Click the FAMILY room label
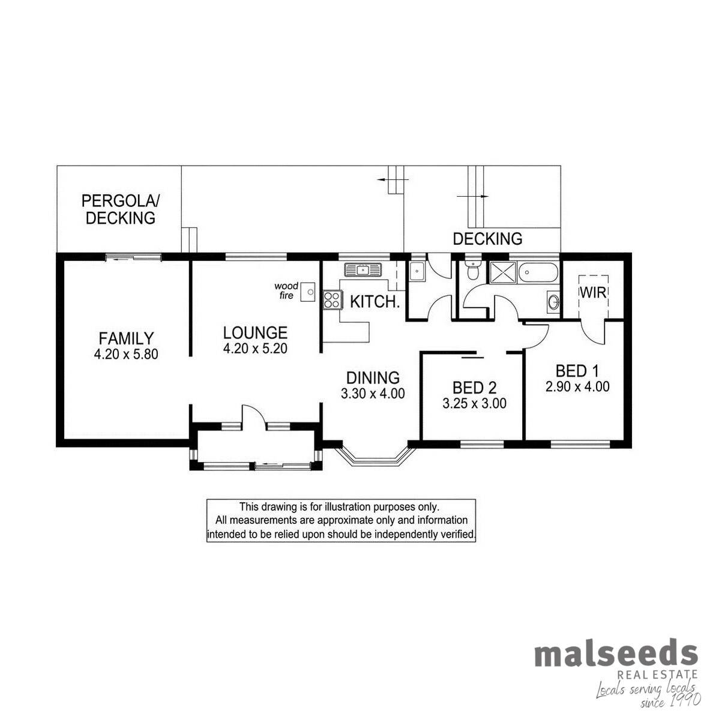126,338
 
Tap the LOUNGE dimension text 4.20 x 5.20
255,349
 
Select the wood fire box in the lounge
307,292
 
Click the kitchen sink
363,269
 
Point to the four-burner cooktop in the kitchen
332,299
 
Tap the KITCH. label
375,302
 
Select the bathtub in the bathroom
538,272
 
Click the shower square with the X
502,272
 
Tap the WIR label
592,293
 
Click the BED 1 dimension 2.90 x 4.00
577,387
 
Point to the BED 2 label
474,388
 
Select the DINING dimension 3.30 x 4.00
372,394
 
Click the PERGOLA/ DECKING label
121,209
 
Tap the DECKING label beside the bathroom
487,239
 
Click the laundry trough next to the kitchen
416,271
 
